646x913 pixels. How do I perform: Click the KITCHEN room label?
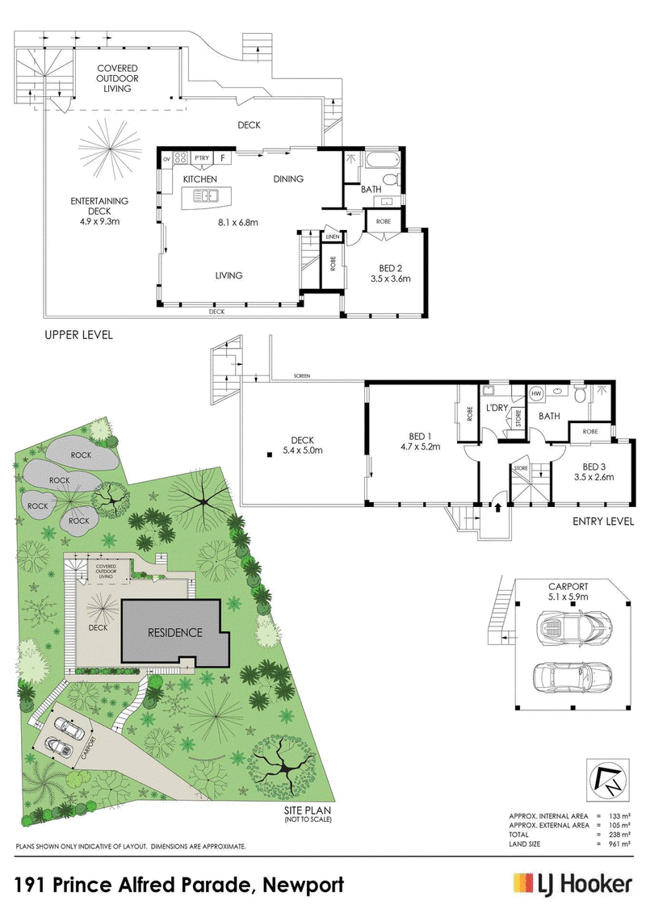[x=199, y=179]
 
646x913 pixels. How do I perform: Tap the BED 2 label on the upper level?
[x=390, y=269]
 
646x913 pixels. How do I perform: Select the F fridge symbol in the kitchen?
[x=223, y=157]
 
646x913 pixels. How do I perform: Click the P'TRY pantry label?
[x=202, y=157]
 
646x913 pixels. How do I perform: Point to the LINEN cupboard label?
[x=333, y=237]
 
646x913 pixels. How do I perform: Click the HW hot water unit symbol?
[x=536, y=394]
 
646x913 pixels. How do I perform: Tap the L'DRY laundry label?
[x=497, y=408]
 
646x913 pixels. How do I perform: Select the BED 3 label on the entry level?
[x=594, y=467]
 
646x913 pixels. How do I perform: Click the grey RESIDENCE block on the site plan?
[x=174, y=632]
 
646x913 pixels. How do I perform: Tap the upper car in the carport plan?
[x=572, y=627]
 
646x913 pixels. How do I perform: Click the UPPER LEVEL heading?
[x=78, y=335]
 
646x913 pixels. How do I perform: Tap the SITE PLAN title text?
[x=308, y=810]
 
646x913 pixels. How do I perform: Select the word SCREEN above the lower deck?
[x=302, y=376]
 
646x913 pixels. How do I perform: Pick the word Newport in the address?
[x=304, y=885]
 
